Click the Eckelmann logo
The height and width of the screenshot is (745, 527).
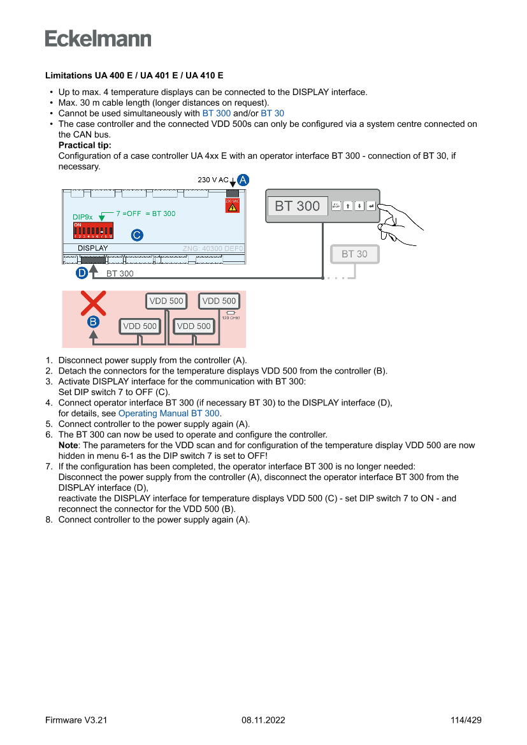click(98, 38)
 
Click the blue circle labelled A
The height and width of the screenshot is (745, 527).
click(243, 180)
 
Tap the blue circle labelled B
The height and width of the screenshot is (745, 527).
click(93, 322)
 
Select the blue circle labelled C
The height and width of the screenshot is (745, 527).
click(136, 235)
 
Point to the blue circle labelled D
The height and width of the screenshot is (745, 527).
click(82, 273)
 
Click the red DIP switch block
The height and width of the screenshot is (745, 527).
click(93, 230)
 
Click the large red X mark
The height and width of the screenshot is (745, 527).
click(94, 303)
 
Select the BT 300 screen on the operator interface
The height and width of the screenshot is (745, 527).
click(298, 206)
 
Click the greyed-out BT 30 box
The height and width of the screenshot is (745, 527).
click(354, 254)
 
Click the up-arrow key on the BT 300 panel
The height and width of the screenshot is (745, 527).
click(347, 206)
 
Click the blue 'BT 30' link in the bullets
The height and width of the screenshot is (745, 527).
click(272, 113)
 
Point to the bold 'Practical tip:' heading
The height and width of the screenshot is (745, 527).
click(85, 145)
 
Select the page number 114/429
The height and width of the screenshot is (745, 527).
click(466, 720)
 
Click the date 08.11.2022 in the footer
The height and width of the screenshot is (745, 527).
click(263, 720)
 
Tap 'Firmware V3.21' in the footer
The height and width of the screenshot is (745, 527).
click(76, 720)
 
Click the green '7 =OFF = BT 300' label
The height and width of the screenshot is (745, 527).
click(145, 213)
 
